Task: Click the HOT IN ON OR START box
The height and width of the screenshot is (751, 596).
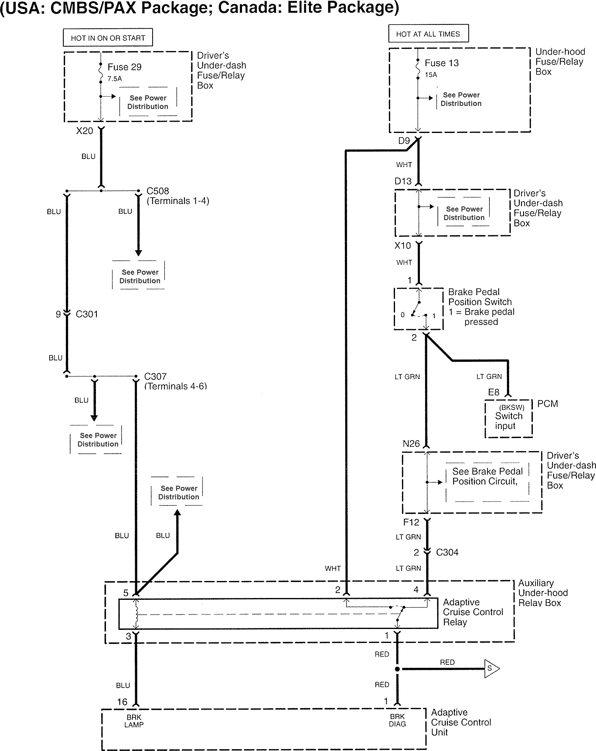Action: [x=108, y=38]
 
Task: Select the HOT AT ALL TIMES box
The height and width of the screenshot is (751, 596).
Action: [x=428, y=34]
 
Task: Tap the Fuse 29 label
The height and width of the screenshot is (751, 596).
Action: [x=124, y=67]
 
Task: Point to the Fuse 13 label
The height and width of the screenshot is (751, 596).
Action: [x=441, y=63]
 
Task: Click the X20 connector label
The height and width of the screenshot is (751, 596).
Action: [x=85, y=131]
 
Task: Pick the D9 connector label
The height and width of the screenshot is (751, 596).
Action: [x=404, y=141]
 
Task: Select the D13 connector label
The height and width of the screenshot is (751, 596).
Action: [x=403, y=181]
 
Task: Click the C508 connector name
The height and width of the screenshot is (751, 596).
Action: [x=158, y=191]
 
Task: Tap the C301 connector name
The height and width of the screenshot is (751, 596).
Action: [x=87, y=314]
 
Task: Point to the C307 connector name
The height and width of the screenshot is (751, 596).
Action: [x=155, y=376]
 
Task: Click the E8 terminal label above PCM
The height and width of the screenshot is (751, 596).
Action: [x=494, y=392]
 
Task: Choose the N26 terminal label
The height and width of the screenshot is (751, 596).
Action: [x=411, y=444]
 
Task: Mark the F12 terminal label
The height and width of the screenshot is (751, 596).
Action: [x=411, y=522]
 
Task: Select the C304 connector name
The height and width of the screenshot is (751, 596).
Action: [x=447, y=552]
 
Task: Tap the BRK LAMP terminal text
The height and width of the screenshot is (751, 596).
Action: [x=134, y=721]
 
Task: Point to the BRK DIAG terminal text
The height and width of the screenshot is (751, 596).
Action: [x=397, y=720]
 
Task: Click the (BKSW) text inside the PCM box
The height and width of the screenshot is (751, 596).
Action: [x=511, y=407]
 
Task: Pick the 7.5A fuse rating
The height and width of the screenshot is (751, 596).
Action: [x=114, y=79]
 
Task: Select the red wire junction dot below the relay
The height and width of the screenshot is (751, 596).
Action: [x=397, y=669]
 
